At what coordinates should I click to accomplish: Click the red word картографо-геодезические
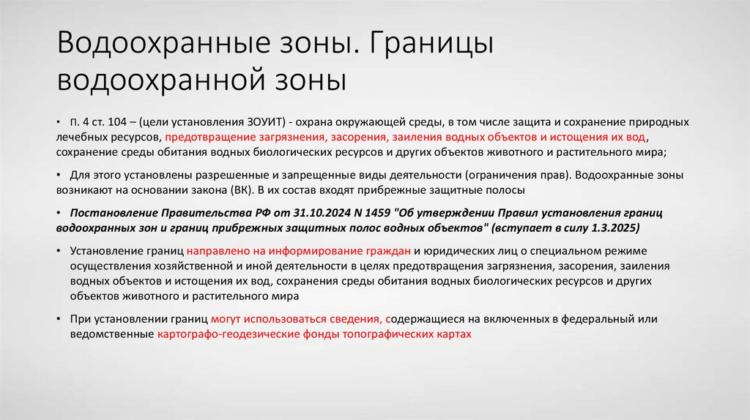pos(223,334)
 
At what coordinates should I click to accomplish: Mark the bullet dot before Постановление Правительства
pos(58,213)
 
